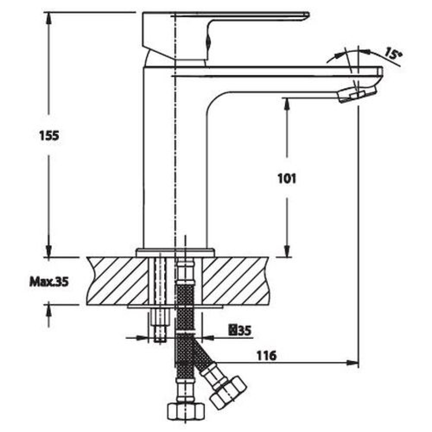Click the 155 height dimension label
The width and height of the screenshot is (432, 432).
point(49,136)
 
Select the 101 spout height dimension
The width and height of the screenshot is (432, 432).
point(286,179)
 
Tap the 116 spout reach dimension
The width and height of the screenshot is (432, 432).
point(266,356)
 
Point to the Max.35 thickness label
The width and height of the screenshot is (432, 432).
point(49,282)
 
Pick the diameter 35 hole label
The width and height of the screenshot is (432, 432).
point(240,330)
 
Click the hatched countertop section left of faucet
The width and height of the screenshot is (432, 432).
point(116,281)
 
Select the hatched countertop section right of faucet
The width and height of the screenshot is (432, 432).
point(236,281)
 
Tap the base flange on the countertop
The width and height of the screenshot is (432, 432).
point(175,252)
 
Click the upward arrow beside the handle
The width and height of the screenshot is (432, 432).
point(208,41)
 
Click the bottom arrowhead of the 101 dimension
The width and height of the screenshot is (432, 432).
point(287,251)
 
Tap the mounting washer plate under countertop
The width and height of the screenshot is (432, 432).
point(175,306)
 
